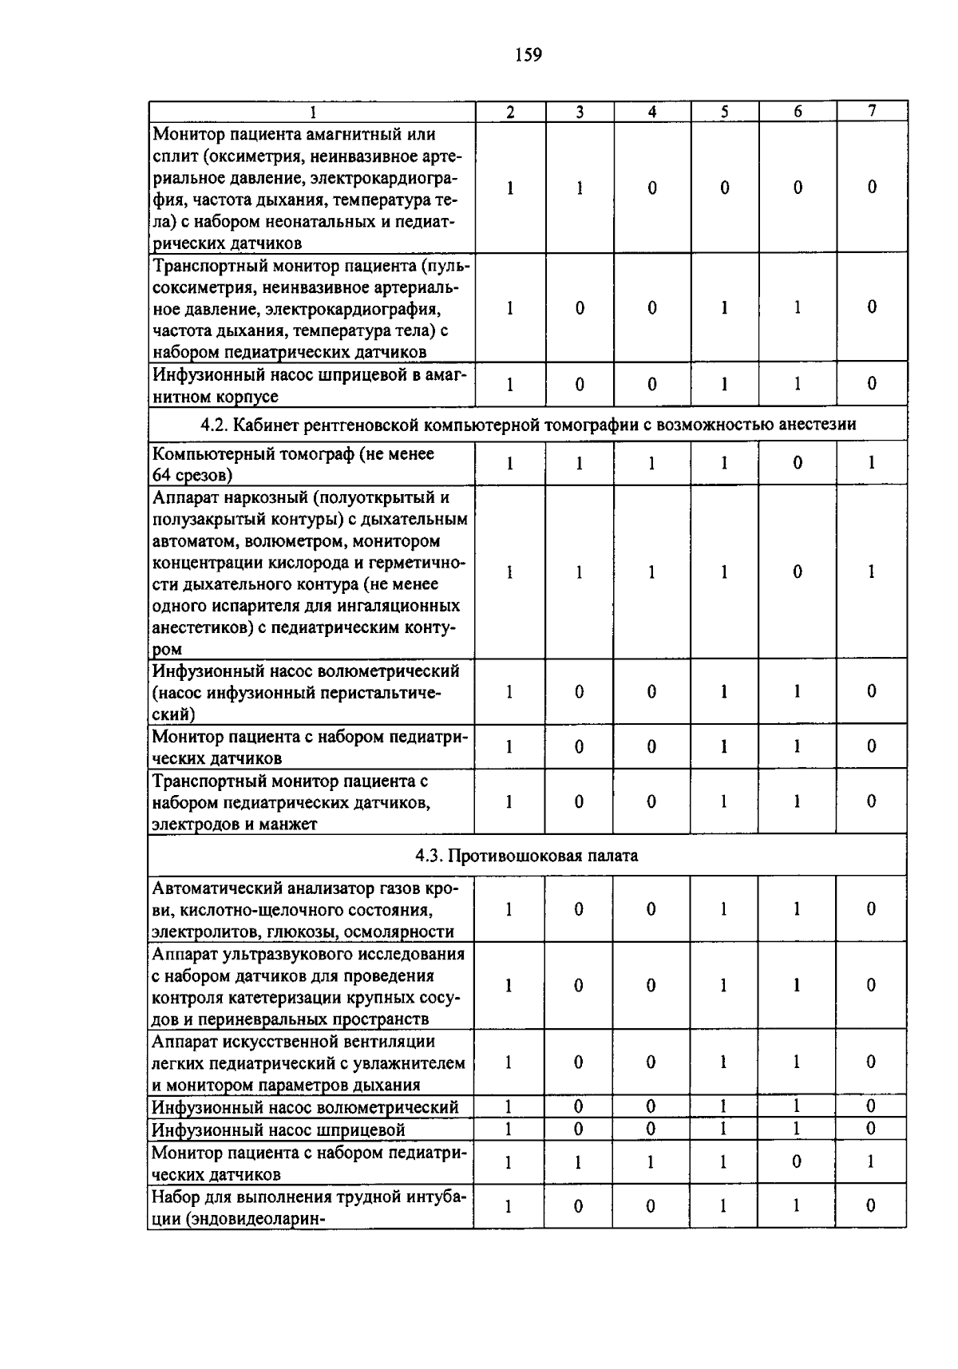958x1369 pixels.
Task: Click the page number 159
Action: pos(528,55)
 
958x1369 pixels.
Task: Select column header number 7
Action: pos(872,112)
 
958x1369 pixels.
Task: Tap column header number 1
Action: pos(313,113)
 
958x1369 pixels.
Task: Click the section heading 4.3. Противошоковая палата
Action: pos(527,856)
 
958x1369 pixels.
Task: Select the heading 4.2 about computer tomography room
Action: pos(528,425)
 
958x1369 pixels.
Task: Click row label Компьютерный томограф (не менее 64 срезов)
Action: pos(294,464)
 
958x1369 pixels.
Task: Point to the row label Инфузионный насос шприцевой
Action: pos(279,1130)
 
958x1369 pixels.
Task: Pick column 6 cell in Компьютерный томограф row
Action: pos(797,463)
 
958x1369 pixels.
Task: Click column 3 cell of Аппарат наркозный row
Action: pos(580,572)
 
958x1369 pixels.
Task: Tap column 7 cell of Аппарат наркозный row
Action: pos(872,572)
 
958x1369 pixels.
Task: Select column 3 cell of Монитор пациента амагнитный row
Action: pos(580,188)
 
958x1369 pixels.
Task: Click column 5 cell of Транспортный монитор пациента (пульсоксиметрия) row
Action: pos(724,307)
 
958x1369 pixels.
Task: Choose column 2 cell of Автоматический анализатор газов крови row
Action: pos(509,909)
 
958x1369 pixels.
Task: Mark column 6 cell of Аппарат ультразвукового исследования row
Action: pos(797,985)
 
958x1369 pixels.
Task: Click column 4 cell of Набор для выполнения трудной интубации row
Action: pos(651,1205)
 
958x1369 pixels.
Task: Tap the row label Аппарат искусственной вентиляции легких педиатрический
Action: pos(307,1062)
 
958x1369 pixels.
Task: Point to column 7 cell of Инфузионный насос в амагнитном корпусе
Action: pos(872,384)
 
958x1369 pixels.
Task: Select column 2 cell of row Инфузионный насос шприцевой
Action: pos(509,1129)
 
